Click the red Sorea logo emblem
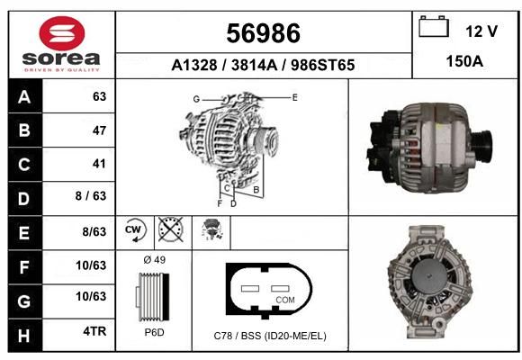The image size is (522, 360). (62, 33)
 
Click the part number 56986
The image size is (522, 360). (264, 33)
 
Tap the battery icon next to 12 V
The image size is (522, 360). (434, 26)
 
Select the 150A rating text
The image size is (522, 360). (464, 61)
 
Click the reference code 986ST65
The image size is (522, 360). (322, 65)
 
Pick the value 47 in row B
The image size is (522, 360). (99, 130)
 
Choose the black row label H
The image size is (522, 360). (25, 335)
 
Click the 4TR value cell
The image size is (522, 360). (94, 331)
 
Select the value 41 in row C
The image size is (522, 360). (99, 164)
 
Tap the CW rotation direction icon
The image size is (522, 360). (135, 230)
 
